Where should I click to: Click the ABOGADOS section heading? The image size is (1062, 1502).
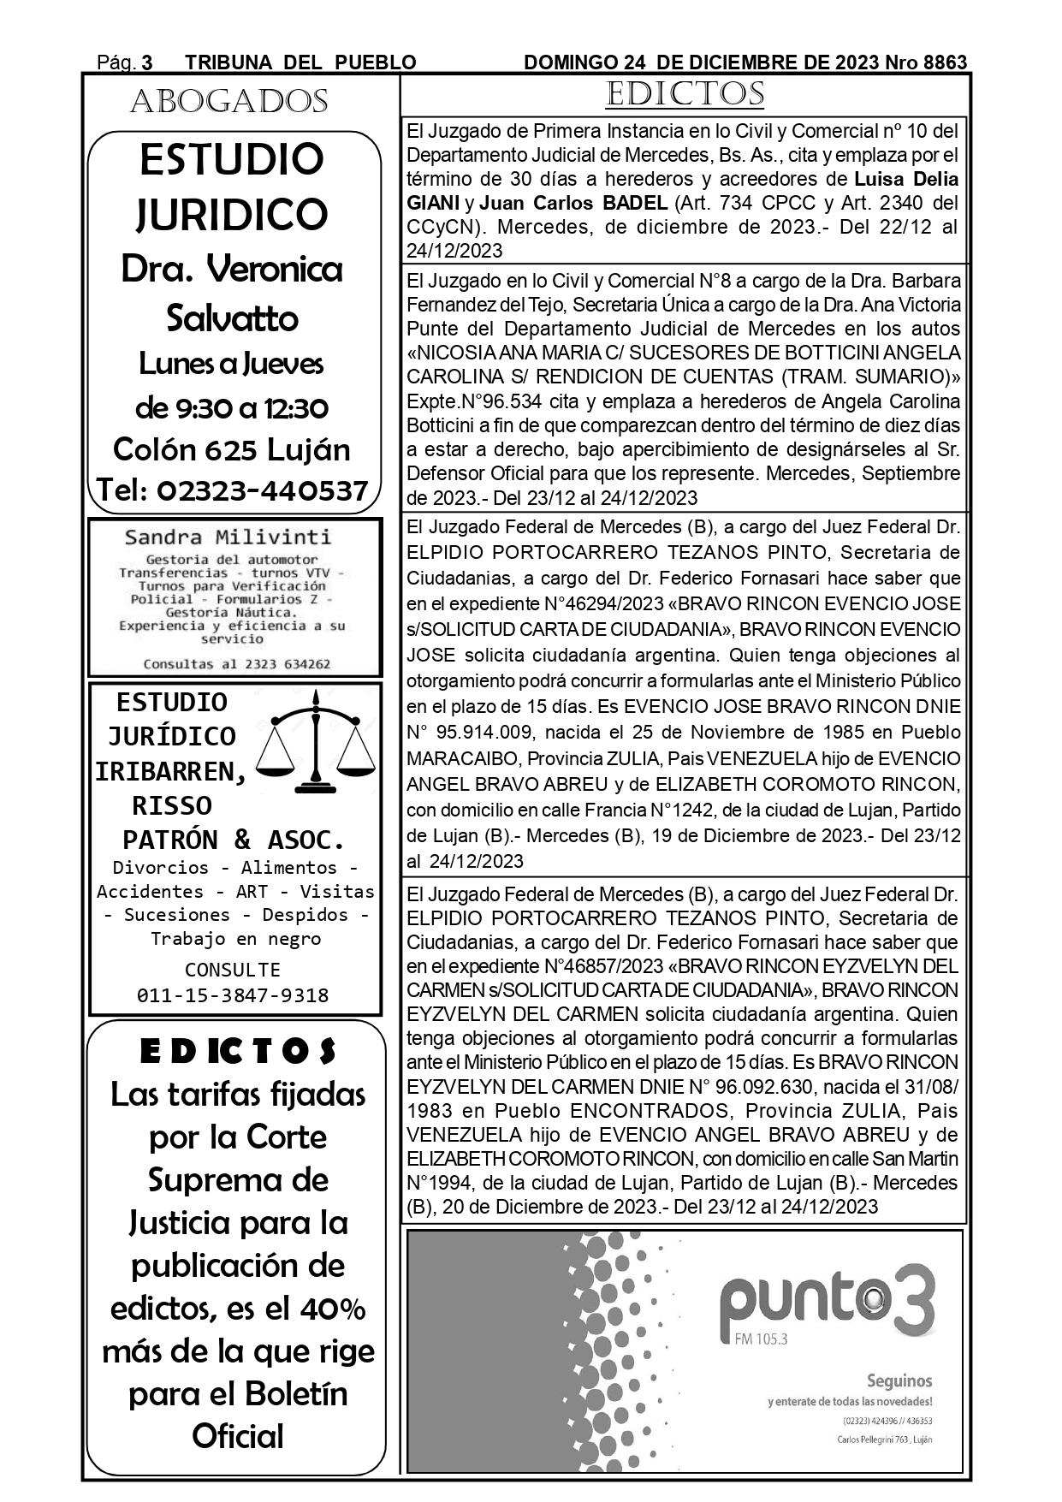tap(228, 102)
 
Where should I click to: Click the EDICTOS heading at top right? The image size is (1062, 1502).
tap(685, 94)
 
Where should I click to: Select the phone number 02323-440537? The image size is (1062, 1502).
tap(233, 490)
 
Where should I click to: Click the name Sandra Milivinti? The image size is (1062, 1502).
tap(228, 537)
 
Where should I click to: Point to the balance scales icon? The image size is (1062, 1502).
tap(317, 742)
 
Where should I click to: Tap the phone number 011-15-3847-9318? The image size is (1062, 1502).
tap(233, 995)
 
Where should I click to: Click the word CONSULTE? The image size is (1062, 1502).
tap(233, 970)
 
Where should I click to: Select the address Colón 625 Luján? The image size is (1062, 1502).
tap(232, 449)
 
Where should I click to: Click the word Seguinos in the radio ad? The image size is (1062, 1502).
tap(899, 1380)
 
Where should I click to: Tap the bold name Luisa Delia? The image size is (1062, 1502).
tap(906, 180)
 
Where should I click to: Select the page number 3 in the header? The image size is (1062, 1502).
tap(147, 62)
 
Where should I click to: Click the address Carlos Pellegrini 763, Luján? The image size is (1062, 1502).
tap(884, 1440)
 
